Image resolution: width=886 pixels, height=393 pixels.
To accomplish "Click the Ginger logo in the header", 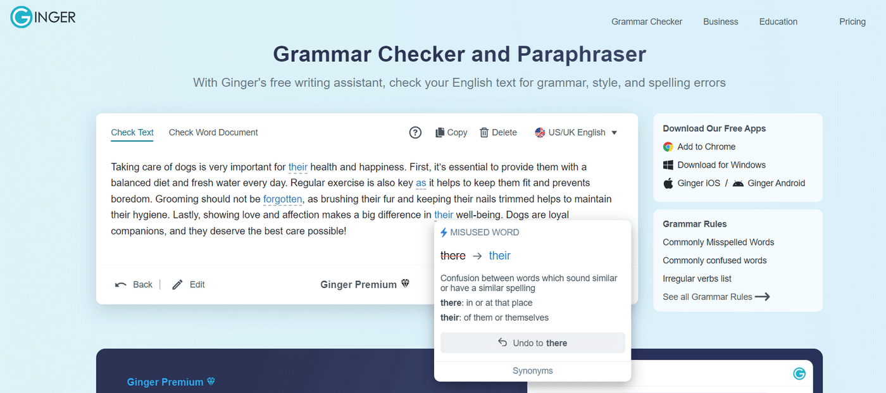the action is tap(43, 17).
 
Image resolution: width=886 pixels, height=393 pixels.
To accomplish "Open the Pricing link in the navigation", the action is tap(852, 22).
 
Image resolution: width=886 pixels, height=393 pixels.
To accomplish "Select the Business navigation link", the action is tap(720, 22).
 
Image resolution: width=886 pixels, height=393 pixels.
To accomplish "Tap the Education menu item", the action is tap(778, 22).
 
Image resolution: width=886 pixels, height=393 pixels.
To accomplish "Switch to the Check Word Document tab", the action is tap(213, 132).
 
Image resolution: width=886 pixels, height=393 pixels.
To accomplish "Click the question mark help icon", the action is tap(415, 132).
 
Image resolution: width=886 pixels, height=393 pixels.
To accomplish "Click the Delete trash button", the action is tap(498, 132).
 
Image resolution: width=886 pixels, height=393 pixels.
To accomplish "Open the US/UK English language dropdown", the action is tap(576, 132).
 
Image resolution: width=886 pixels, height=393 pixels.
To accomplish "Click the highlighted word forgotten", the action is tap(282, 199).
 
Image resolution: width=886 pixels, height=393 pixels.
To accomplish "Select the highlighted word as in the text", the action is tap(421, 183).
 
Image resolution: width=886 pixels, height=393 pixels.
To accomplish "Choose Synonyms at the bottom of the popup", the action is tap(532, 371).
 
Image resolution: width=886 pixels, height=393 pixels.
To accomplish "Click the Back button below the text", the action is tap(134, 285).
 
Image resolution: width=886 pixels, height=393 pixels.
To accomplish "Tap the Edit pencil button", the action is tap(189, 285).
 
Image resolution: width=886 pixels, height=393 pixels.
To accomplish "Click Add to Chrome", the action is tap(699, 147).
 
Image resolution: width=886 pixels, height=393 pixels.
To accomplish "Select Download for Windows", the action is tap(714, 165).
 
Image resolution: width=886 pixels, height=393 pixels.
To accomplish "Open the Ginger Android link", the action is tap(769, 183).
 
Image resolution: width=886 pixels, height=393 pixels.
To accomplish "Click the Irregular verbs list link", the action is tap(697, 278).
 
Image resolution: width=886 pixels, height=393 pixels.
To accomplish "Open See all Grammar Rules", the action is tap(716, 297).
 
